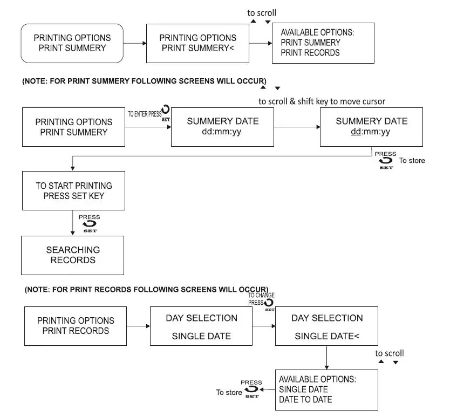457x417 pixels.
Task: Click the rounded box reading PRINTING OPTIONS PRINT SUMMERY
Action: point(72,43)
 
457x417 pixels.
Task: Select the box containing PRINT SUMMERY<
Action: point(198,43)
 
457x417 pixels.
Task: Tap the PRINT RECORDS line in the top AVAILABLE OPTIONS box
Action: point(310,53)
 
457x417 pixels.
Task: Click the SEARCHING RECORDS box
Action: point(73,255)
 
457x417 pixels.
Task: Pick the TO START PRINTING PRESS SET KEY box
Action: point(74,190)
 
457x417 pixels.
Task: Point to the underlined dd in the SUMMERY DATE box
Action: point(356,132)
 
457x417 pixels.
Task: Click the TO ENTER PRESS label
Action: point(144,114)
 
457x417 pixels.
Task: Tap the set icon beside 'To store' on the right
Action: point(386,161)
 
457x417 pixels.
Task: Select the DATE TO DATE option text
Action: point(305,400)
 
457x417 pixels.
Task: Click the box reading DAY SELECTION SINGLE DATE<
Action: point(326,326)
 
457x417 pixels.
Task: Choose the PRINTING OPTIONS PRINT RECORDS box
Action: point(76,326)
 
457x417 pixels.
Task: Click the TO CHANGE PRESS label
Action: point(261,299)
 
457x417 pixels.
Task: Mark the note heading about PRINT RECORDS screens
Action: point(146,289)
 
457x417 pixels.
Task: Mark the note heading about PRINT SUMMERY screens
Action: point(144,80)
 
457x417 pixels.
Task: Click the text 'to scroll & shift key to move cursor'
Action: point(322,101)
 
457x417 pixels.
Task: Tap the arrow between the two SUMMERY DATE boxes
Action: point(296,127)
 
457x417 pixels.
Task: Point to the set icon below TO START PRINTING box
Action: point(89,224)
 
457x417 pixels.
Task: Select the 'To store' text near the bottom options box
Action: point(229,392)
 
